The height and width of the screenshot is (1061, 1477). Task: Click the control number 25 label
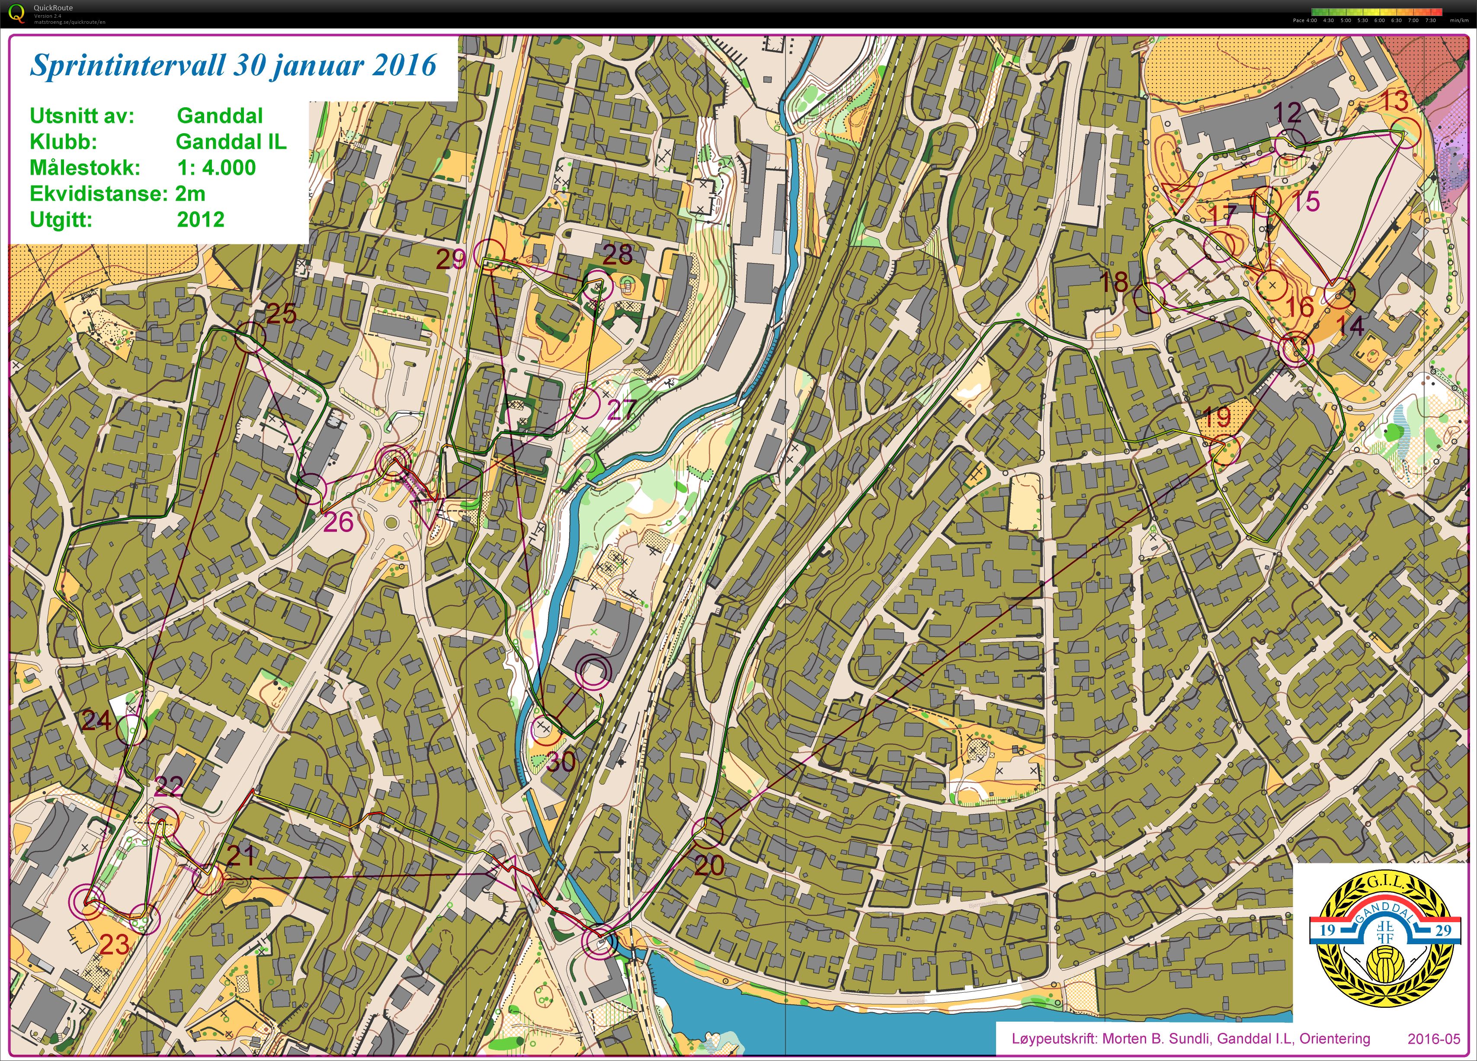(x=281, y=314)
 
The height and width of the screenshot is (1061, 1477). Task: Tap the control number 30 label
(x=560, y=761)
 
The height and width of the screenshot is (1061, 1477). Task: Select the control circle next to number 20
(x=707, y=832)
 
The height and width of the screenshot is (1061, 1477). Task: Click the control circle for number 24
(x=131, y=730)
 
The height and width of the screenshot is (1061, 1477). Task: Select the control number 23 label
(x=115, y=944)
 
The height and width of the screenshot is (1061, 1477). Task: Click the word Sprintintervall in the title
(x=128, y=65)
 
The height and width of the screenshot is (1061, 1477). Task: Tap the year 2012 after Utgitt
(x=201, y=219)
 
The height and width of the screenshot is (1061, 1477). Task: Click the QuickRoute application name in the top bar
(x=53, y=8)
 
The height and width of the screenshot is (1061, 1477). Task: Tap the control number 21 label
(x=240, y=855)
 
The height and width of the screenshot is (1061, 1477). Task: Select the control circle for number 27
(x=585, y=403)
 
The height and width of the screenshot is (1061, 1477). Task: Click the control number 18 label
(x=1114, y=282)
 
